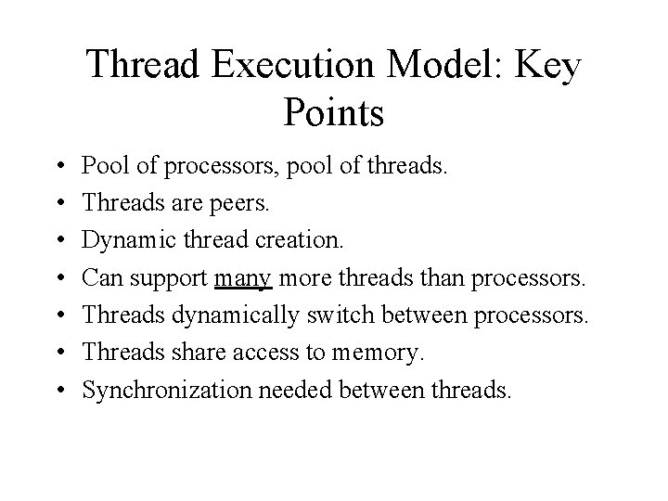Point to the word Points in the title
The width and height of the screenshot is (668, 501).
tap(333, 113)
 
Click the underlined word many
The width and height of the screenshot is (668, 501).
tap(243, 279)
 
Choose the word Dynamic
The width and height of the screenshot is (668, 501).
tap(122, 241)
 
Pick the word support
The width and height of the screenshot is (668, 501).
tap(169, 280)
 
